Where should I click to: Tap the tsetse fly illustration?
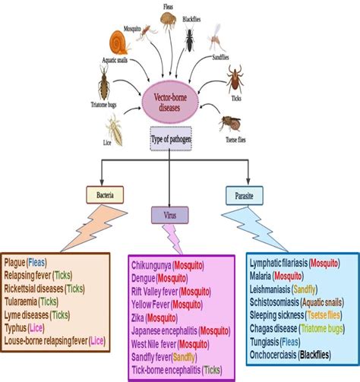231,122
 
